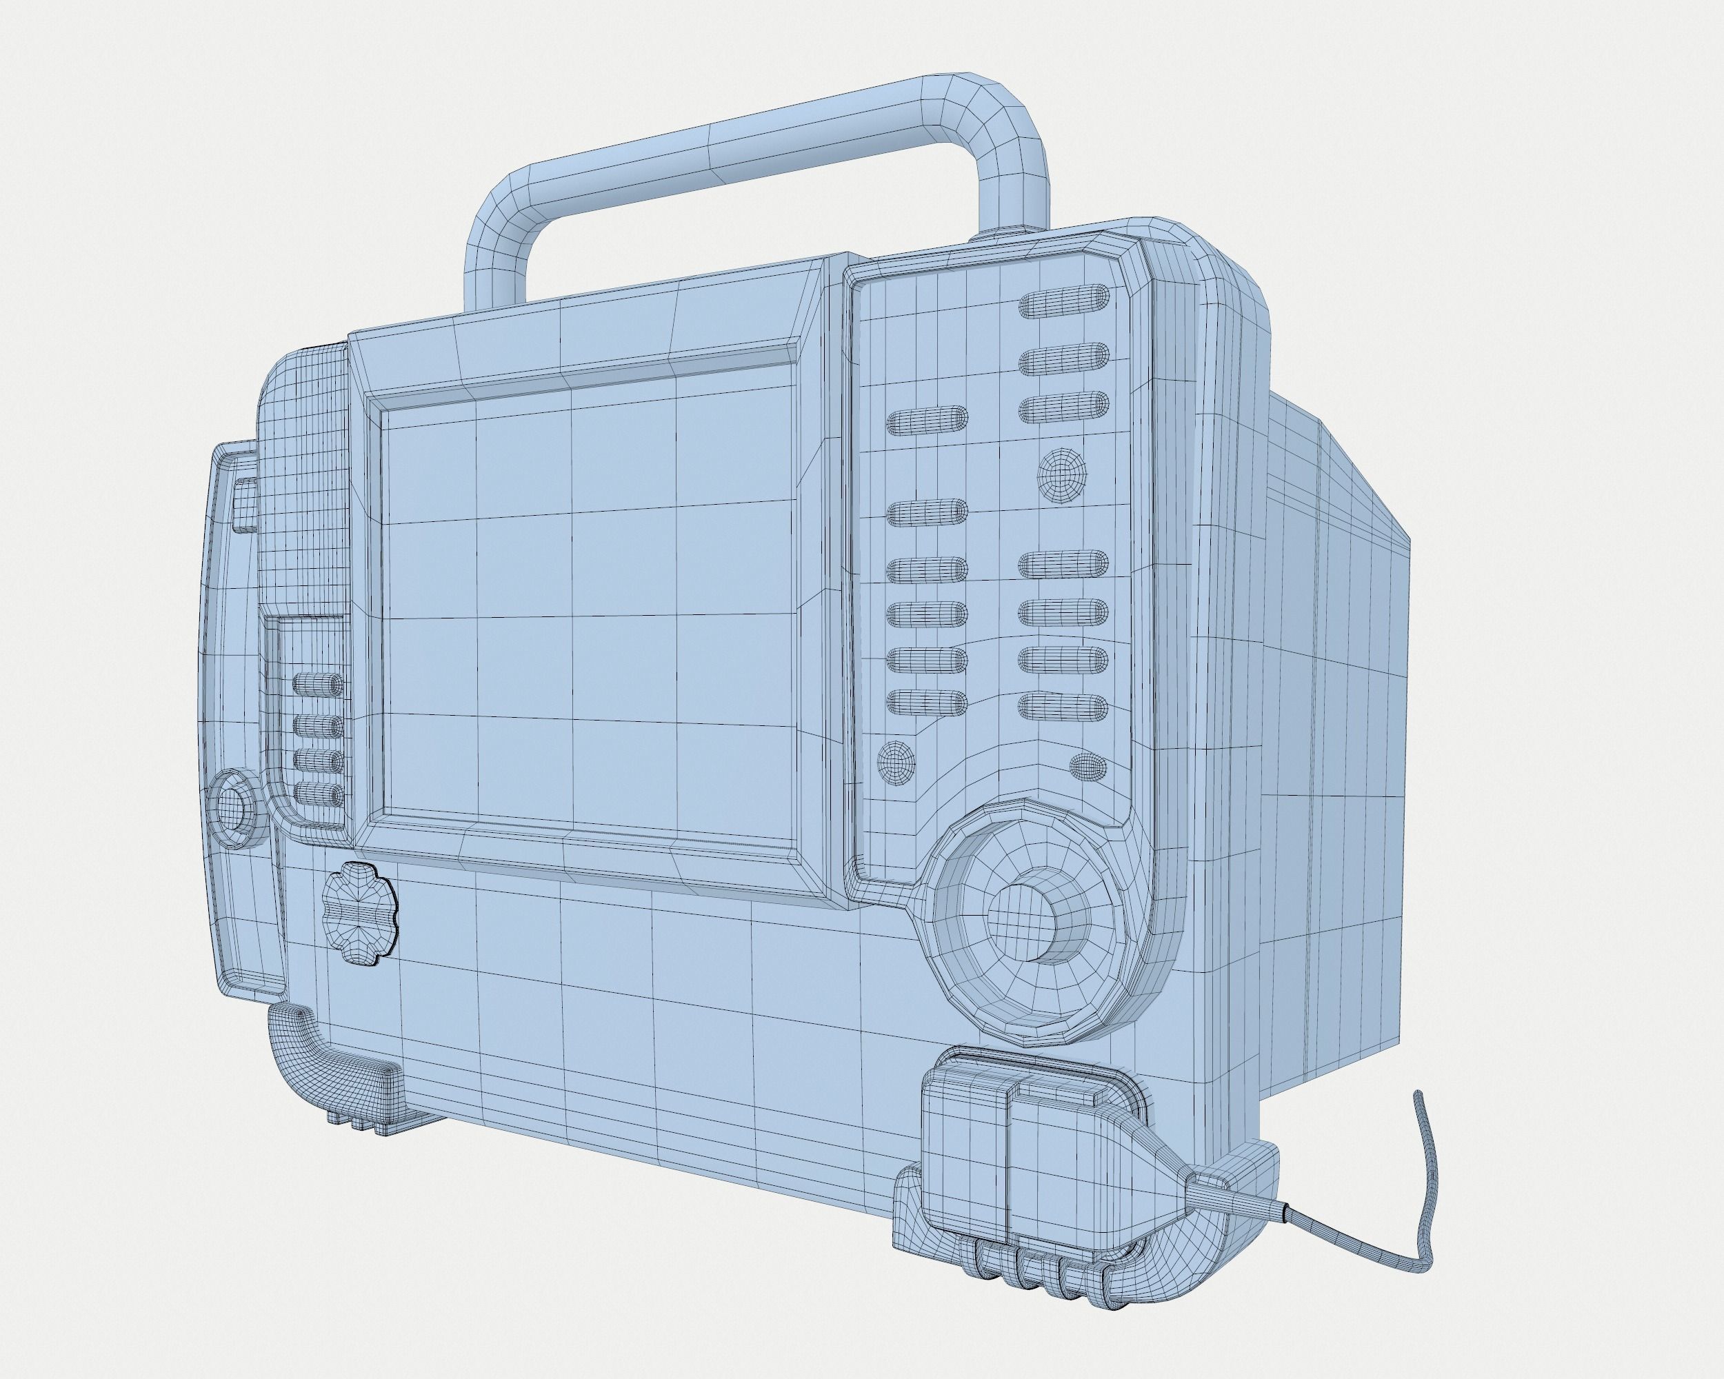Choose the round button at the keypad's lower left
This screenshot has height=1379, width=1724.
[895, 762]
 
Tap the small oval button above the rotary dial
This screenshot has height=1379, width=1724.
[1087, 766]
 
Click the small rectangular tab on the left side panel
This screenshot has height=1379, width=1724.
[245, 503]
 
